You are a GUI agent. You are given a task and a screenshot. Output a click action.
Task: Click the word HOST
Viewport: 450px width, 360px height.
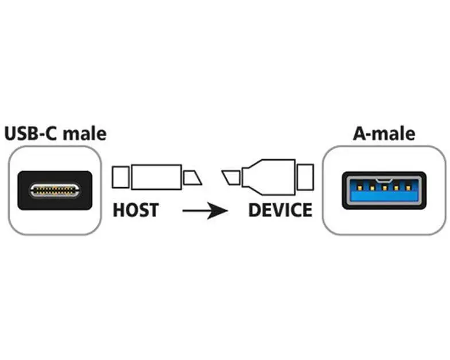pyautogui.click(x=135, y=210)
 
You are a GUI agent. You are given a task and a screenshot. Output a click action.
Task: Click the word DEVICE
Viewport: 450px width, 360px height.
pyautogui.click(x=280, y=210)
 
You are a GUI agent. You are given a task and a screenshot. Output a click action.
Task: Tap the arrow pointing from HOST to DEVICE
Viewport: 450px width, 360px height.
pyautogui.click(x=205, y=211)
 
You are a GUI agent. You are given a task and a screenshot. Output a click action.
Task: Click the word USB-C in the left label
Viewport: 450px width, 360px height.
pyautogui.click(x=31, y=134)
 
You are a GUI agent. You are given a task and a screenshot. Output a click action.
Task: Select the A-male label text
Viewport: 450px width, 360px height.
pyautogui.click(x=384, y=133)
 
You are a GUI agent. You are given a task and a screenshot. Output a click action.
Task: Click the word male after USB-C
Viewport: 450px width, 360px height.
pyautogui.click(x=85, y=134)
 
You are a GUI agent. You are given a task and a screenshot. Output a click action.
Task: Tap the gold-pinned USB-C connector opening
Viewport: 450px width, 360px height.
pyautogui.click(x=55, y=191)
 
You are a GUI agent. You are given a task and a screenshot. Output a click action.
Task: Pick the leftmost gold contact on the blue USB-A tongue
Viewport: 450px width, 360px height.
pyautogui.click(x=359, y=188)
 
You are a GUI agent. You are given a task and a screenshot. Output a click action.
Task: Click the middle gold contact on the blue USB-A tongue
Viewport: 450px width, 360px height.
pyautogui.click(x=385, y=188)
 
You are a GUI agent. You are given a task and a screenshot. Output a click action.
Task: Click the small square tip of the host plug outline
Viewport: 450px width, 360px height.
pyautogui.click(x=121, y=177)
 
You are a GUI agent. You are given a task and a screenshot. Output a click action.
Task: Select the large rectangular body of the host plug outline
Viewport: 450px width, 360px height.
pyautogui.click(x=156, y=177)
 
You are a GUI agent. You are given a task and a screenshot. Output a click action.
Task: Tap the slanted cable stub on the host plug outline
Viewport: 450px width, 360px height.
pyautogui.click(x=193, y=178)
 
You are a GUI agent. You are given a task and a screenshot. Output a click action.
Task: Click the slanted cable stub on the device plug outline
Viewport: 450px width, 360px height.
pyautogui.click(x=231, y=178)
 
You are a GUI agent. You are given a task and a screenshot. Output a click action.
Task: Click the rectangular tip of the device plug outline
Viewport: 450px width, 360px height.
pyautogui.click(x=305, y=177)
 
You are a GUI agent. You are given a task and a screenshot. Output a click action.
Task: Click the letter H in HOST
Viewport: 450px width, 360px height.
pyautogui.click(x=118, y=210)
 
